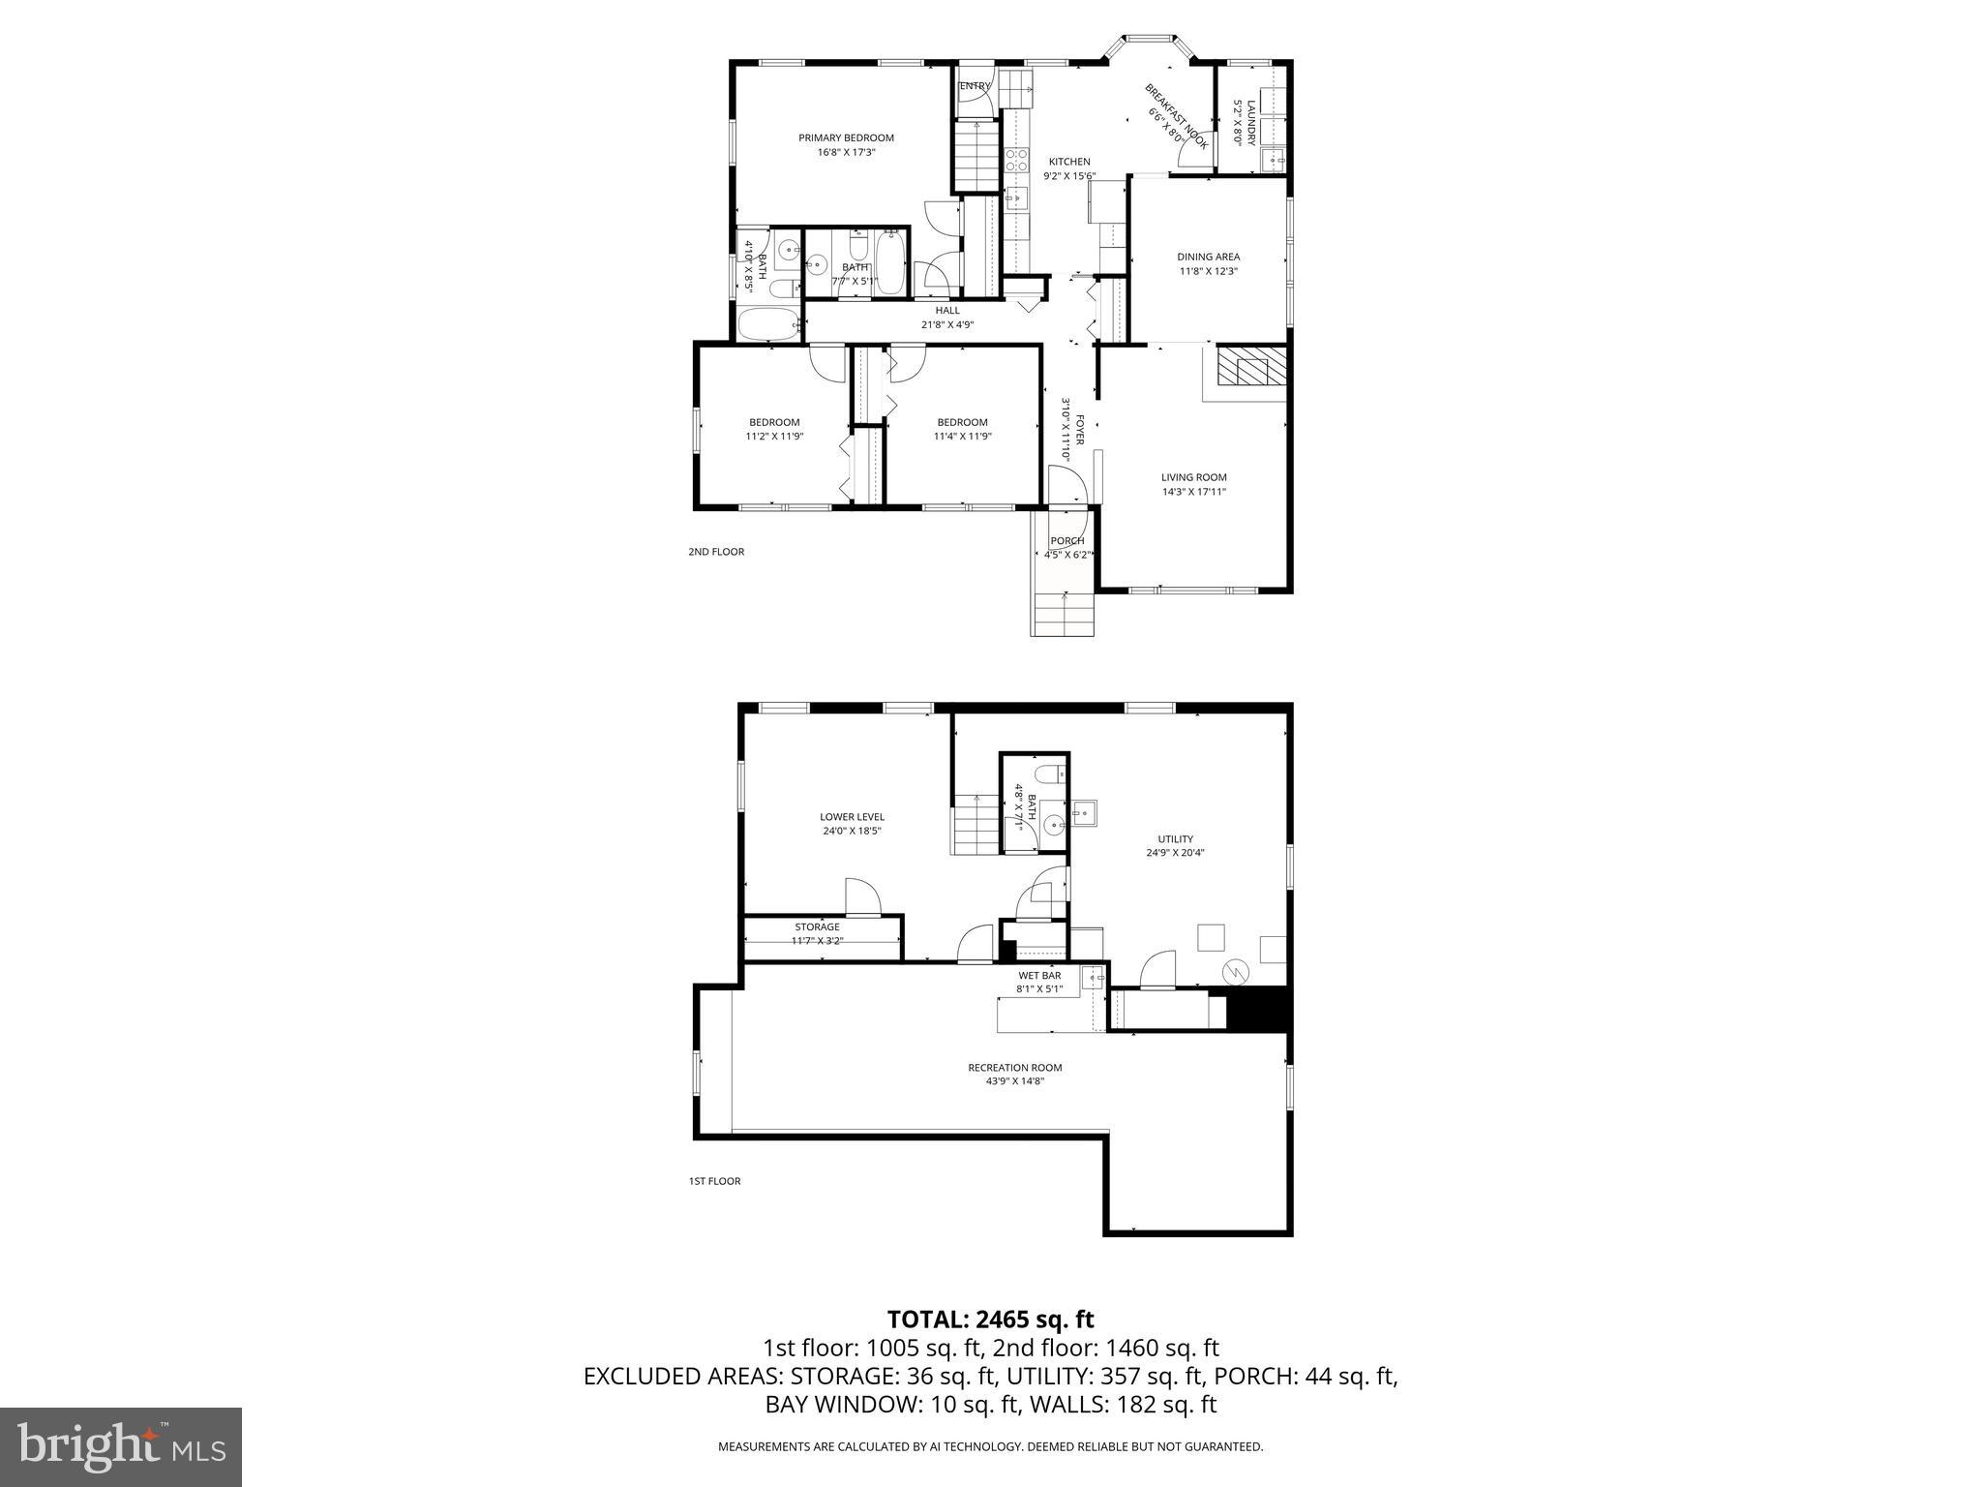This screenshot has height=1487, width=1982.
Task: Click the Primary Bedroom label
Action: (x=846, y=138)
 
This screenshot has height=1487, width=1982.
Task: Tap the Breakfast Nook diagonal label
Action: (x=1176, y=115)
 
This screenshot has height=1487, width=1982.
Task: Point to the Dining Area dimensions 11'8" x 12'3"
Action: (x=1208, y=272)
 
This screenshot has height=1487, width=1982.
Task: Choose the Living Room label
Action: (x=1193, y=477)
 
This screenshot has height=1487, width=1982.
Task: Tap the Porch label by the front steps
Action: (x=1066, y=541)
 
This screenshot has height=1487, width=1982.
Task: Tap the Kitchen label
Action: (x=1069, y=163)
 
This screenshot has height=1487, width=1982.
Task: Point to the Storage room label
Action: (x=817, y=927)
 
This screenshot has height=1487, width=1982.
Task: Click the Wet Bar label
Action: (x=1039, y=976)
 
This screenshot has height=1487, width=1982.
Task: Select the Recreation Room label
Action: (x=1014, y=1068)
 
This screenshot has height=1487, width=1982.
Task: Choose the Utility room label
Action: (x=1175, y=839)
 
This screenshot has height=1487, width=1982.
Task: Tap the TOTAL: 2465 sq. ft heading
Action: (x=990, y=1319)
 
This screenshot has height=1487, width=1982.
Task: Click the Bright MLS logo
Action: (x=121, y=1447)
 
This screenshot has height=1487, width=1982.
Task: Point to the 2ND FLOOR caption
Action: (x=716, y=552)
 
